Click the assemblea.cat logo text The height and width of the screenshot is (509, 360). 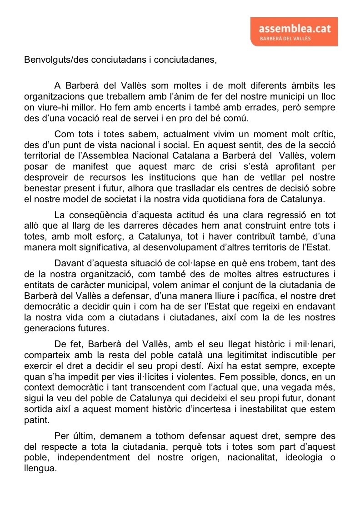point(295,28)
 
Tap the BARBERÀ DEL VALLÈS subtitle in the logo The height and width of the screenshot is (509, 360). point(285,39)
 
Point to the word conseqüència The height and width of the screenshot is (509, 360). point(96,215)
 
